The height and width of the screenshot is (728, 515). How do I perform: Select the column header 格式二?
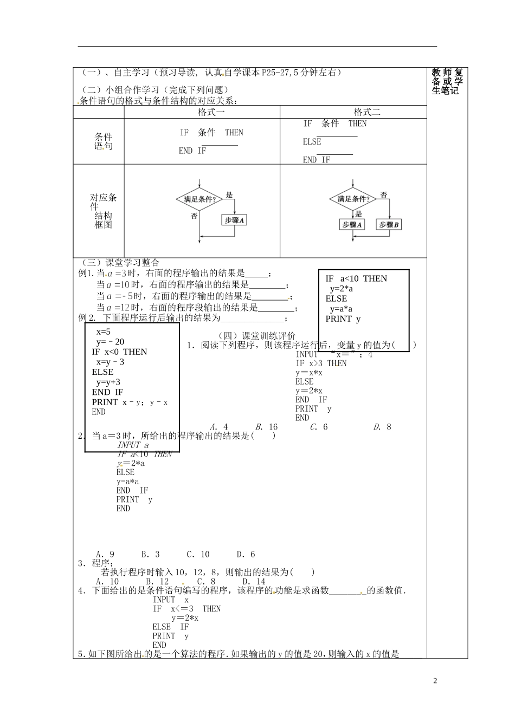(x=367, y=112)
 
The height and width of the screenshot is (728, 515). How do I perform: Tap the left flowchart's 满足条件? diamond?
(x=199, y=199)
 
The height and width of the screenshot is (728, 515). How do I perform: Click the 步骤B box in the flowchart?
(x=389, y=224)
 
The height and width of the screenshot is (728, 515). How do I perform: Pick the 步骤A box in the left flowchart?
(x=234, y=220)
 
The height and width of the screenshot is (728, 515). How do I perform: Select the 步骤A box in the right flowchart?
(x=352, y=224)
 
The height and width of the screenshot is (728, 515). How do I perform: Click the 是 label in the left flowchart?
(x=229, y=195)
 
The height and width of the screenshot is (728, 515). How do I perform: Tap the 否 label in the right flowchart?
(x=383, y=194)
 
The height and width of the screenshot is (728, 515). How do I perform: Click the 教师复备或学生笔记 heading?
(x=447, y=81)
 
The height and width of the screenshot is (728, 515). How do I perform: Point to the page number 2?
(x=435, y=681)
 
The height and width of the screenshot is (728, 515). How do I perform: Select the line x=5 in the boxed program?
(x=103, y=331)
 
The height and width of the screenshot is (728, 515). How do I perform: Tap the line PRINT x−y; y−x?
(x=130, y=402)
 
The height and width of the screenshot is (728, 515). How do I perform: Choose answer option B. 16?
(x=266, y=427)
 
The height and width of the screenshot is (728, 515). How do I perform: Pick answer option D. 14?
(x=254, y=581)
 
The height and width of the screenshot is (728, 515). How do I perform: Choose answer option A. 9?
(x=105, y=554)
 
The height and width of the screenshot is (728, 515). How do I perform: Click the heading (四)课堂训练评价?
(x=256, y=336)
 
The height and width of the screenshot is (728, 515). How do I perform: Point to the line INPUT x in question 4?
(x=171, y=600)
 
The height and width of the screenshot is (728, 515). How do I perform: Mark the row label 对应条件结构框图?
(x=103, y=211)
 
